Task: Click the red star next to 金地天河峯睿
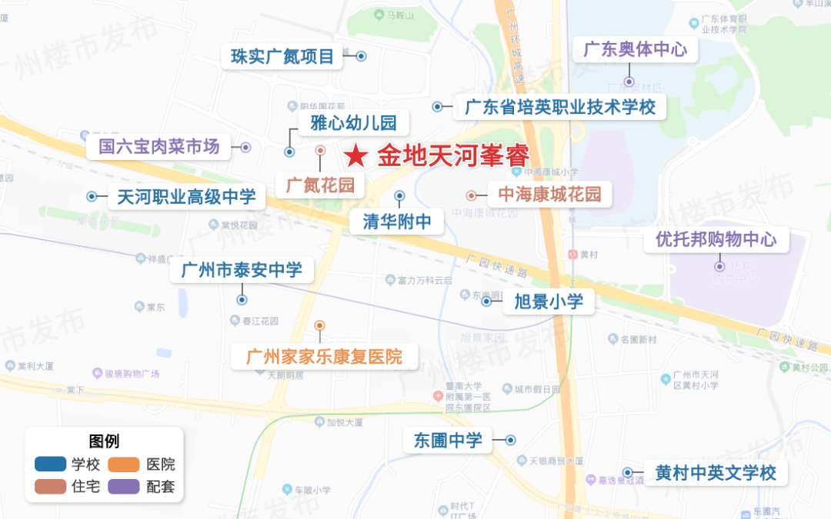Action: [x=355, y=157]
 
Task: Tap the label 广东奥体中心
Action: [x=635, y=50]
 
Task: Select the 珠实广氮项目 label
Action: [x=282, y=57]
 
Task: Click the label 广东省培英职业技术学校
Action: [x=560, y=107]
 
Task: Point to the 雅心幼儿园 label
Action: [x=353, y=122]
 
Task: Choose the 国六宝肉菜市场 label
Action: [x=159, y=146]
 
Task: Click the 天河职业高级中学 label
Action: [x=186, y=197]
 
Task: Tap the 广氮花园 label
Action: [x=320, y=185]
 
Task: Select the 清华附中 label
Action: [x=397, y=222]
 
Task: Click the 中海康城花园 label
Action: [x=549, y=195]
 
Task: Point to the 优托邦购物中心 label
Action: [x=716, y=239]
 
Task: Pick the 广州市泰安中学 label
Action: [x=242, y=270]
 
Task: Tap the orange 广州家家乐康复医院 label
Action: [x=324, y=357]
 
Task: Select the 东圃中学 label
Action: [x=448, y=440]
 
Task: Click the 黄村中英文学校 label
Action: [x=716, y=472]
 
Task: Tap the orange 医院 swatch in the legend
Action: [x=123, y=464]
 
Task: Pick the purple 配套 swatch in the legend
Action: [x=123, y=486]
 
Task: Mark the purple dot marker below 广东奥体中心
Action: [x=629, y=82]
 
